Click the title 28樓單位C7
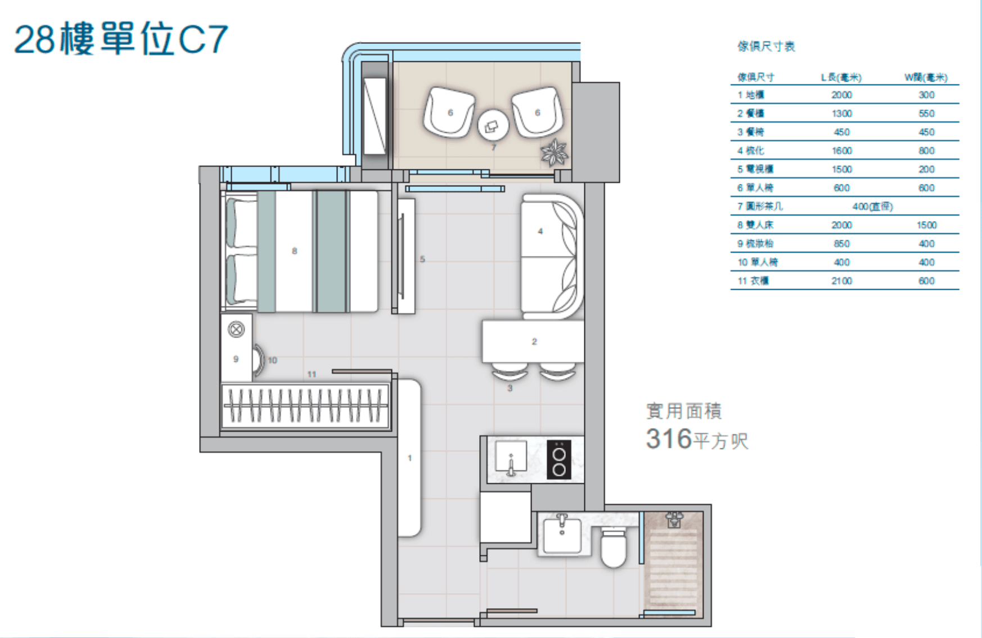pos(120,39)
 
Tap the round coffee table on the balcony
pos(493,126)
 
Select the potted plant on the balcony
pos(554,152)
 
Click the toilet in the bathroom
pos(614,547)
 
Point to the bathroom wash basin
pos(562,536)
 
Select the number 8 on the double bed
pos(294,251)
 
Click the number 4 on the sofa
pos(540,231)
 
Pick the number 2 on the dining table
pos(534,342)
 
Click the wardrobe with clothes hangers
pos(305,406)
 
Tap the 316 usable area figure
pos(669,439)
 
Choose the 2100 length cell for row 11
pos(841,281)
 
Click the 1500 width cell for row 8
pos(926,225)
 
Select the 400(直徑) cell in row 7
pos(872,206)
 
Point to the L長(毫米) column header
pos(841,78)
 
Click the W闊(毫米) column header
pos(926,78)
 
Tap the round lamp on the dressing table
pos(236,329)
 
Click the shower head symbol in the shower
pos(674,520)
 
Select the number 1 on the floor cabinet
pos(409,458)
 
